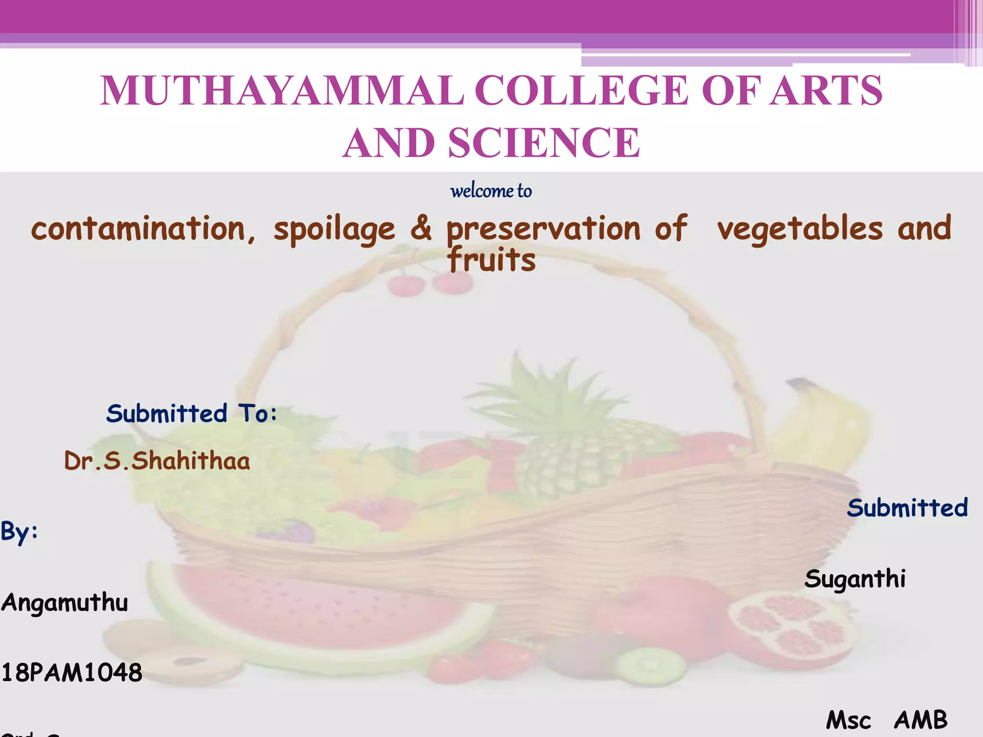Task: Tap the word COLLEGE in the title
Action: pyautogui.click(x=582, y=91)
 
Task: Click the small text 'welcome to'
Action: pyautogui.click(x=491, y=191)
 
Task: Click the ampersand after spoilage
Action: pyautogui.click(x=420, y=229)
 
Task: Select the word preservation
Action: pyautogui.click(x=543, y=229)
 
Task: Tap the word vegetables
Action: pyautogui.click(x=800, y=229)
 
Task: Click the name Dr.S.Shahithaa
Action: pyautogui.click(x=157, y=461)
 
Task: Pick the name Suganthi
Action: pyautogui.click(x=855, y=579)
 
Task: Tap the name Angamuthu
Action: pyautogui.click(x=64, y=603)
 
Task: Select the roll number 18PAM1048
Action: pyautogui.click(x=72, y=673)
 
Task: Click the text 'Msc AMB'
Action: pyautogui.click(x=887, y=720)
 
